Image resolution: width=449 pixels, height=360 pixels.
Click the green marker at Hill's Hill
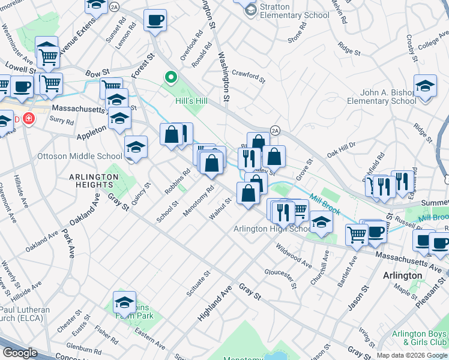coord(170,77)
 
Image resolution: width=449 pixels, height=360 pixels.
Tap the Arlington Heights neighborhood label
coord(93,181)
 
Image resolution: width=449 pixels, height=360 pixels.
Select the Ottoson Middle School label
coord(80,157)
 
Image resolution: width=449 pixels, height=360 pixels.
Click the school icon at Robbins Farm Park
coord(124,302)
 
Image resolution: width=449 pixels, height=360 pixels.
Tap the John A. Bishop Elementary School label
coord(381,97)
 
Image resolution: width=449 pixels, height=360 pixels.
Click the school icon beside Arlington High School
coord(321,224)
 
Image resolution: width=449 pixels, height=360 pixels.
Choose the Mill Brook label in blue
coord(324,204)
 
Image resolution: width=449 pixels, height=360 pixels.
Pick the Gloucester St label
coord(281,277)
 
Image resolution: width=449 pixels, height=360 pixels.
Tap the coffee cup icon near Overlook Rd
coord(155,20)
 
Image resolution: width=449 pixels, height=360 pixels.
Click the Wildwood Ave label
coord(294,255)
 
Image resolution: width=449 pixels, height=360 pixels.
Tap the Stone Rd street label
coord(297,37)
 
